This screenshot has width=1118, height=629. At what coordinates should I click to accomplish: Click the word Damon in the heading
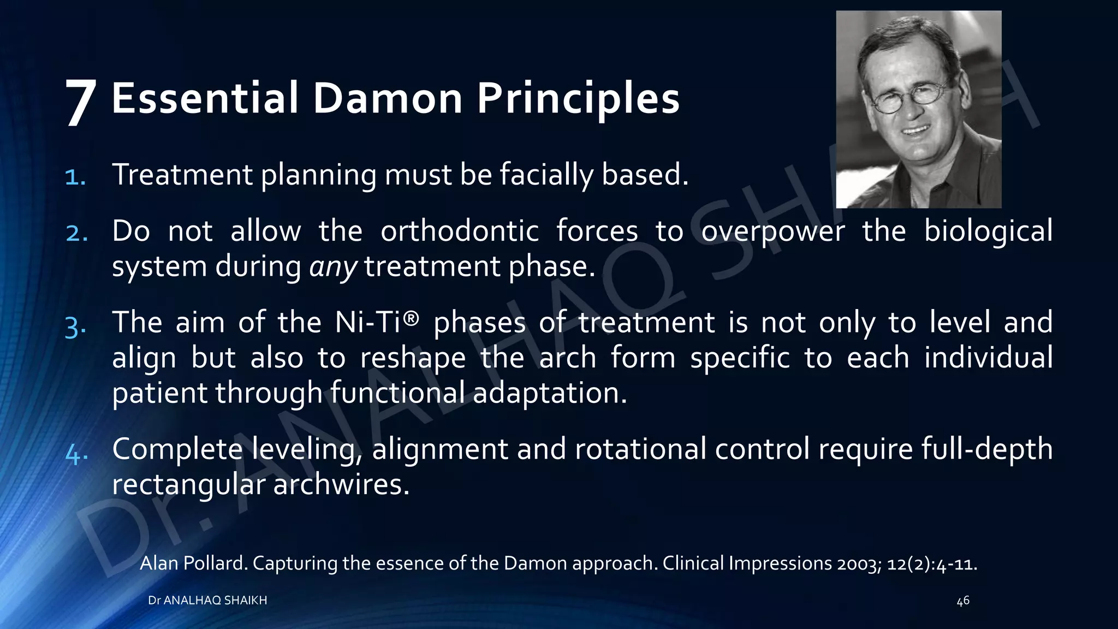(388, 98)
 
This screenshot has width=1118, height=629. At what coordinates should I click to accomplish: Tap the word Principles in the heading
(578, 99)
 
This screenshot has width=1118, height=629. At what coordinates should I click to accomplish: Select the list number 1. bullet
(75, 177)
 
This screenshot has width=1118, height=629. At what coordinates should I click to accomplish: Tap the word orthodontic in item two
(460, 232)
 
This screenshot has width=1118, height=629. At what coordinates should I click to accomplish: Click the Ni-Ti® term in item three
(377, 322)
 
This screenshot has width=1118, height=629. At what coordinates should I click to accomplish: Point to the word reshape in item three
(413, 358)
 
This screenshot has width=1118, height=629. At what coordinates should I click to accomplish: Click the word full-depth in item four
(987, 450)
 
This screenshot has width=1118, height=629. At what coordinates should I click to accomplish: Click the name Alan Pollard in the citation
(193, 563)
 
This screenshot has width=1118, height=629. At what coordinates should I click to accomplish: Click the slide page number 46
(963, 601)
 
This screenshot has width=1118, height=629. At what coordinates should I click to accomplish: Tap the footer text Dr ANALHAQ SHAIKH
(207, 600)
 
